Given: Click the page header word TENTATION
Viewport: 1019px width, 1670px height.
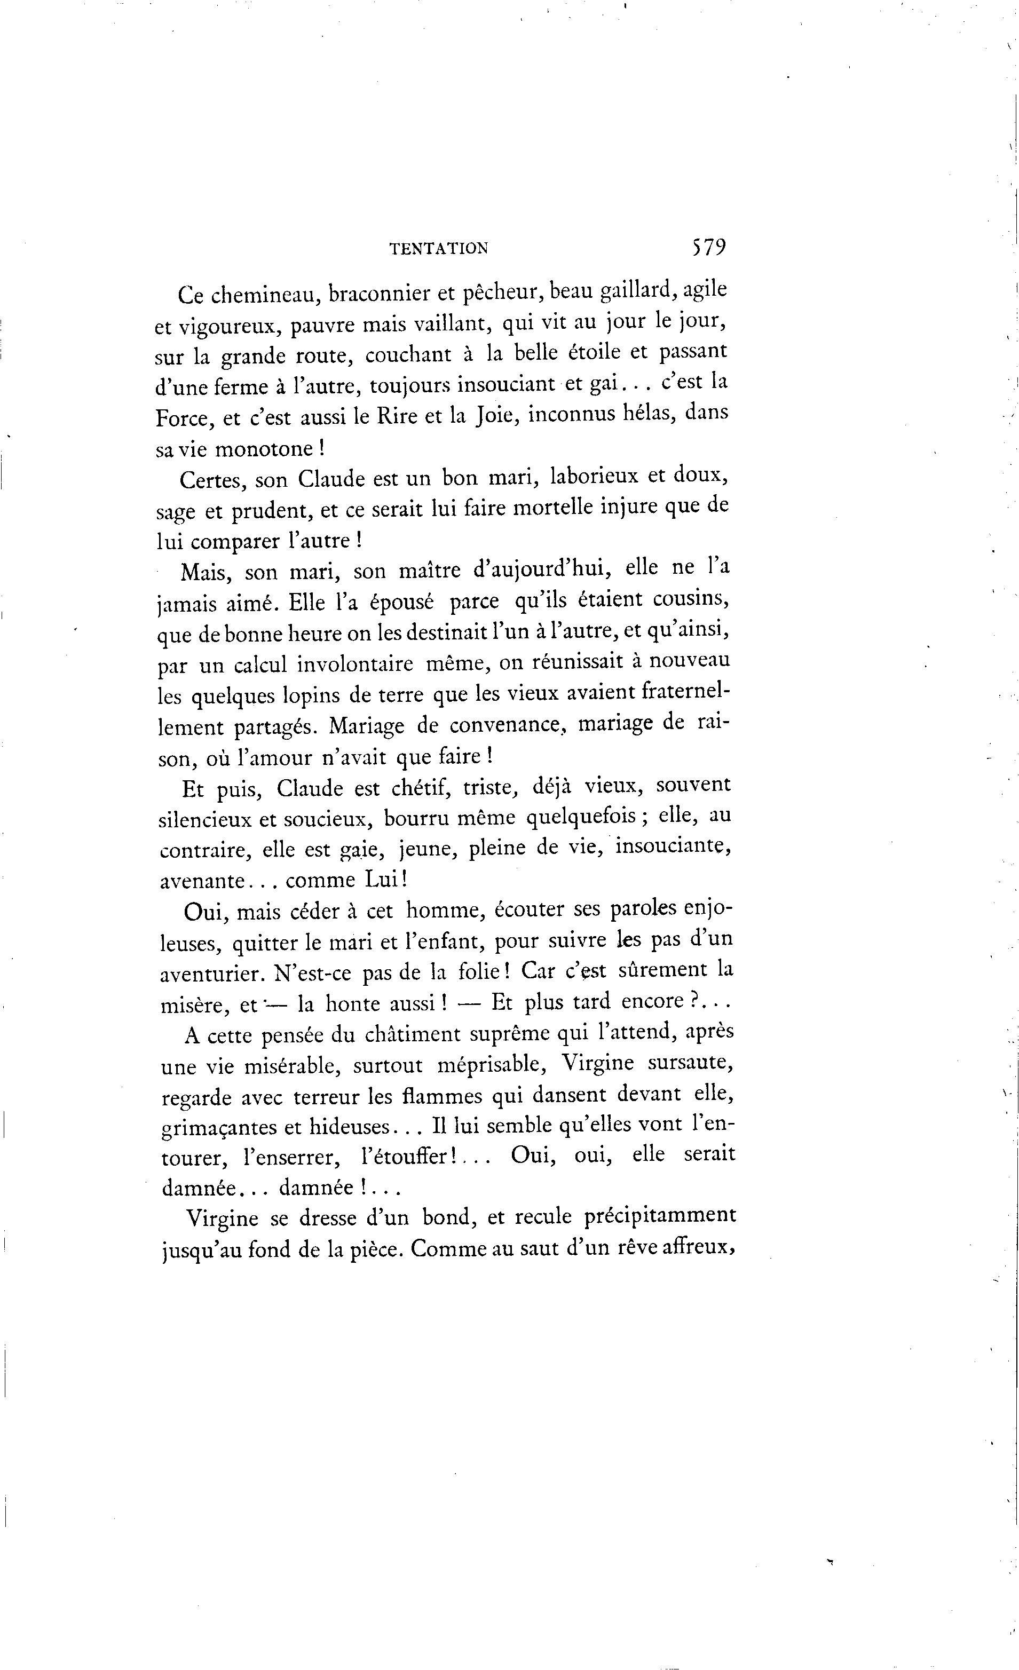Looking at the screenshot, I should (439, 249).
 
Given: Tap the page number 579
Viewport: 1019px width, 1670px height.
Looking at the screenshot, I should (708, 247).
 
